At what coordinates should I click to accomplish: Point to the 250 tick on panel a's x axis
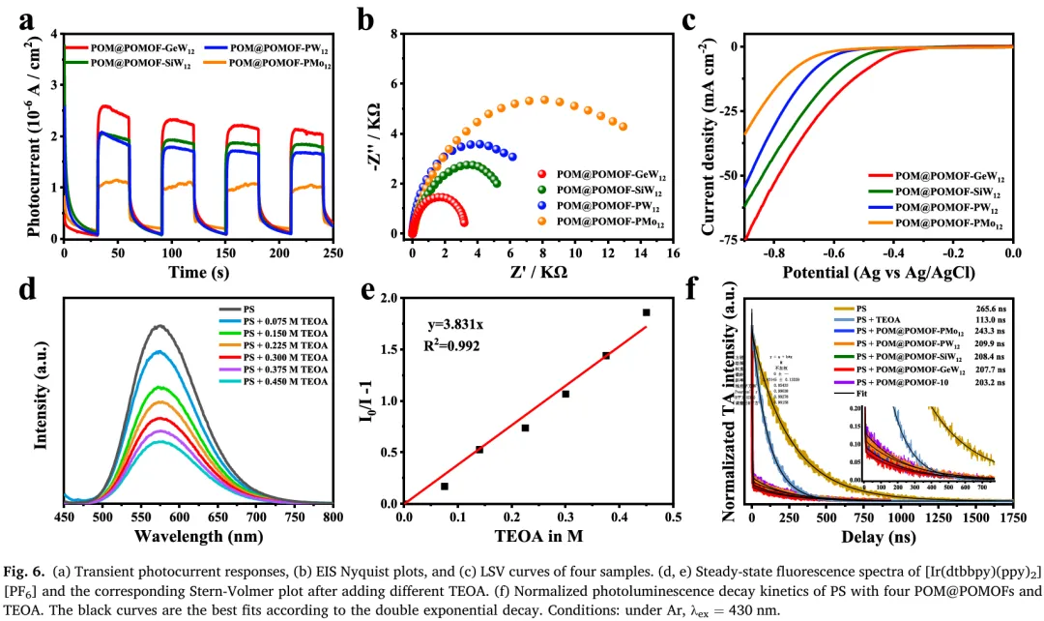pyautogui.click(x=333, y=252)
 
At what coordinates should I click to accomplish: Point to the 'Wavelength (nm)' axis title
pyautogui.click(x=198, y=536)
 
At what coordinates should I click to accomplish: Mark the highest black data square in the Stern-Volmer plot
pyautogui.click(x=646, y=312)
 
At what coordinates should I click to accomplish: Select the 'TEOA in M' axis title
pyautogui.click(x=537, y=536)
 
